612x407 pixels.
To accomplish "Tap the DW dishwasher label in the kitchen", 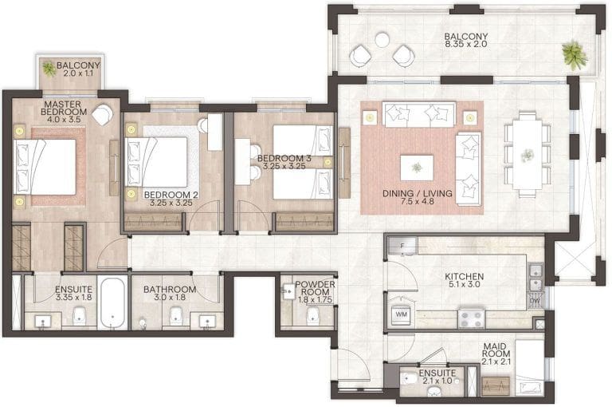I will [x=533, y=301].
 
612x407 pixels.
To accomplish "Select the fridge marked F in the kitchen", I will [x=403, y=246].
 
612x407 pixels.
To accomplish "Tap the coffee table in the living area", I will [x=417, y=166].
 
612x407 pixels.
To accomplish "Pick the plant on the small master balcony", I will [x=49, y=69].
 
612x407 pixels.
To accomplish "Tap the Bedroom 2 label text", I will [x=171, y=194].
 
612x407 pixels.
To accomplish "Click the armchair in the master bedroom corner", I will [x=102, y=115].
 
